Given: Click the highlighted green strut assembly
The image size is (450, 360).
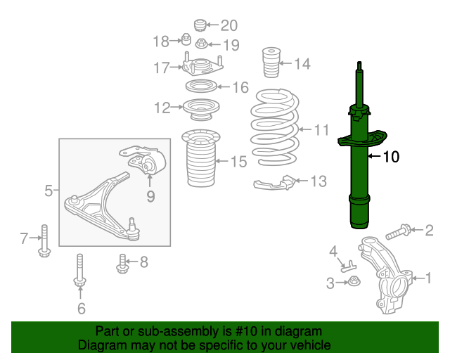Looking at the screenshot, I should [361, 176].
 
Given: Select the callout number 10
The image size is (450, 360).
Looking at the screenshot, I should [390, 157].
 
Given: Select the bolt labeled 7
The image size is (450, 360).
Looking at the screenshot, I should [44, 240].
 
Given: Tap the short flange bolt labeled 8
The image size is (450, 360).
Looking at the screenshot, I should [122, 263].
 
